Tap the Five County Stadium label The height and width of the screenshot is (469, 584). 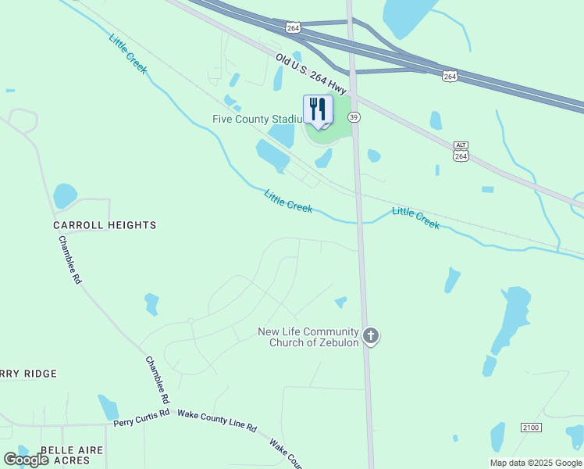pyautogui.click(x=257, y=119)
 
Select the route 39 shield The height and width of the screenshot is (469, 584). pyautogui.click(x=354, y=116)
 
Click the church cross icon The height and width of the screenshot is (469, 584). pyautogui.click(x=371, y=336)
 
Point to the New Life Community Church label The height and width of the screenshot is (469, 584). pyautogui.click(x=308, y=337)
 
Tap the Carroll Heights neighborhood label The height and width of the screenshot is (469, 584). pyautogui.click(x=105, y=225)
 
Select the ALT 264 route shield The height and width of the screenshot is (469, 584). pyautogui.click(x=461, y=152)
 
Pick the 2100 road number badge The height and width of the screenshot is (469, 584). pyautogui.click(x=531, y=427)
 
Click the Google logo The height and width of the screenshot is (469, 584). pyautogui.click(x=26, y=460)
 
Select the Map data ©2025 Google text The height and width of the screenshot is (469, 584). pyautogui.click(x=536, y=463)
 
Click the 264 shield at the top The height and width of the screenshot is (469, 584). pyautogui.click(x=293, y=27)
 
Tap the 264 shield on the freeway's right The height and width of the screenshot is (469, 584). pyautogui.click(x=450, y=75)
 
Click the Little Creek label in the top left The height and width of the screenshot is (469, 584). pyautogui.click(x=128, y=54)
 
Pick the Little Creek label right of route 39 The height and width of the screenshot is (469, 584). pyautogui.click(x=415, y=217)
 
